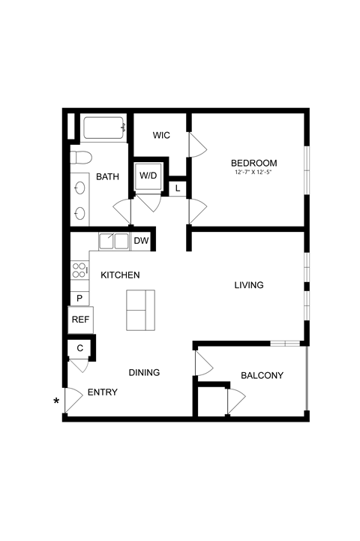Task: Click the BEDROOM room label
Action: point(253,163)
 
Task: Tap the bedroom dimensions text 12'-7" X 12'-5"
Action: point(253,173)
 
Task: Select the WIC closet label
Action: point(161,135)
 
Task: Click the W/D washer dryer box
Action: point(148,176)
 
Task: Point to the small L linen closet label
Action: point(177,188)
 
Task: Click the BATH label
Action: point(107,177)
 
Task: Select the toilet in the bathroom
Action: point(81,158)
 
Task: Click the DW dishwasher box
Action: point(142,241)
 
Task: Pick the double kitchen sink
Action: point(114,242)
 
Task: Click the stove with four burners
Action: point(79,270)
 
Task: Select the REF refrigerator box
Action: point(81,320)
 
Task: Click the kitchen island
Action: point(140,310)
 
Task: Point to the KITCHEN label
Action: point(120,275)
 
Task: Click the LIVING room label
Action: point(249,285)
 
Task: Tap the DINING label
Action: point(144,372)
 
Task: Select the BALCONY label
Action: point(262,375)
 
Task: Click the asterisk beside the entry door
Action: point(57,401)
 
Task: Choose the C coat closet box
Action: point(79,347)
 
